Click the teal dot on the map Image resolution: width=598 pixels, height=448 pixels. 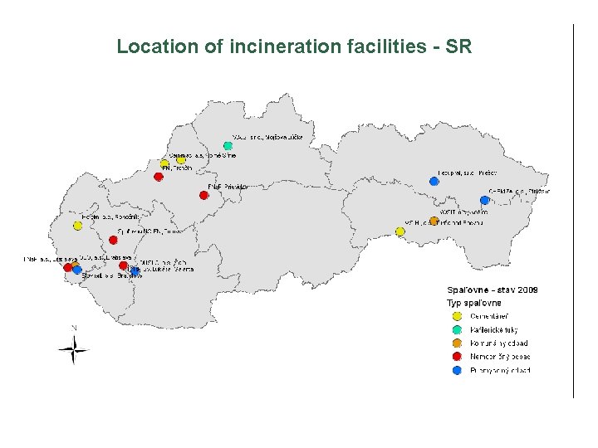coord(228,146)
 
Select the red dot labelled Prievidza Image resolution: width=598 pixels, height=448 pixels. coord(203,195)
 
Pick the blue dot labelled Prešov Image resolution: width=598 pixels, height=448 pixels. coord(434,181)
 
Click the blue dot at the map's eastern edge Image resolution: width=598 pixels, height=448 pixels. coord(484,200)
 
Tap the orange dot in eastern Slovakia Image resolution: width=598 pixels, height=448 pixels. coord(434,221)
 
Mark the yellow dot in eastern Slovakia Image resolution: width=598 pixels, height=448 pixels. coord(400,231)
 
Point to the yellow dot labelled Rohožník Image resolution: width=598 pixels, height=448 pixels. coord(77,226)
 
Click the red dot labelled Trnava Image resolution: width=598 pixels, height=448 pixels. coord(113,240)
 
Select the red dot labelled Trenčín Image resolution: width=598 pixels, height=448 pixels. coord(159,177)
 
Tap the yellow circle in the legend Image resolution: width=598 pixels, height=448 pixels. coord(456,316)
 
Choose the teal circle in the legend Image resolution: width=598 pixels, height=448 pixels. coord(456,329)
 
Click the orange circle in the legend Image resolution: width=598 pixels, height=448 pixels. coord(456,343)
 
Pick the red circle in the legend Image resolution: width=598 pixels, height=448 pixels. coord(456,357)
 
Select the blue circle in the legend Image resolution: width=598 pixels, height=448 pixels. coord(456,370)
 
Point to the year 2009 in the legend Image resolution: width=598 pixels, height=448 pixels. coord(527,290)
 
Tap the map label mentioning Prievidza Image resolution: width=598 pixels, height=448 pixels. coord(228,187)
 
